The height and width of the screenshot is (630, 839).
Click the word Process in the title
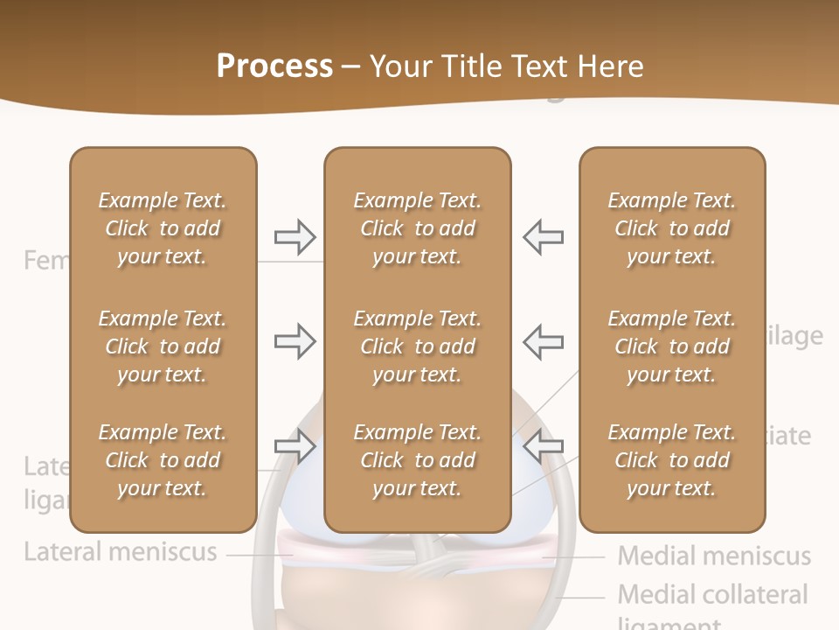(274, 66)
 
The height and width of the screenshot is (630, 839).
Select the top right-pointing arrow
(295, 236)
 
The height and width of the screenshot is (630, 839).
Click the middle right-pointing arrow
(295, 341)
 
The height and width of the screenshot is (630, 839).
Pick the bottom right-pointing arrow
(295, 447)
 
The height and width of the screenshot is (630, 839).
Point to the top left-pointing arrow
(543, 236)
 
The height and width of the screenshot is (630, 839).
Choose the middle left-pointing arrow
(543, 341)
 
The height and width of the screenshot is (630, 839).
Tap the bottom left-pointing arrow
(543, 447)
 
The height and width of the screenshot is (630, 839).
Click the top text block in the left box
(163, 228)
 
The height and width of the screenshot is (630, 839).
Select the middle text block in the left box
(163, 346)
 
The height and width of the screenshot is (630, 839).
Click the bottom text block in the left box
(163, 460)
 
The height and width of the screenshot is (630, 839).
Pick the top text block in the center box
(417, 228)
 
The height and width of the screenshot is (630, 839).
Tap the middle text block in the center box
(417, 346)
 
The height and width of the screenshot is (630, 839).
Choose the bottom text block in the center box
(417, 460)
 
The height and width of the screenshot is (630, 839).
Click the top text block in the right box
(671, 228)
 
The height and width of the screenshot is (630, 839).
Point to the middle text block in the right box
(671, 346)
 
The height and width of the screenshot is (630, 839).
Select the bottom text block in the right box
(671, 460)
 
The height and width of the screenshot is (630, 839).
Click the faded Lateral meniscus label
(121, 552)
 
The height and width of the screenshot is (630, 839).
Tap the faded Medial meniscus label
(714, 556)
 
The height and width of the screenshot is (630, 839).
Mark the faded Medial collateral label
(712, 595)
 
